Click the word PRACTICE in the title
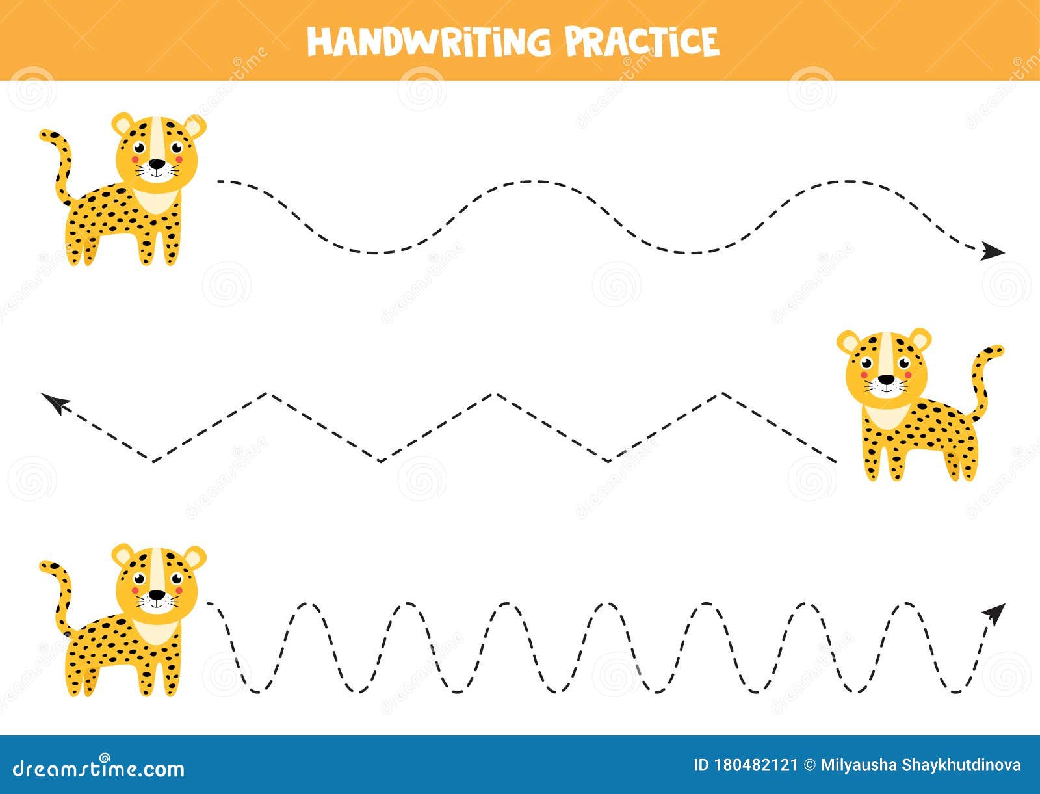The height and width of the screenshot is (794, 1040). pyautogui.click(x=642, y=41)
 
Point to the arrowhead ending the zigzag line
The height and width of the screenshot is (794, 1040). pyautogui.click(x=55, y=403)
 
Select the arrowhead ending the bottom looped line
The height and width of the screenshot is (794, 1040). pyautogui.click(x=994, y=613)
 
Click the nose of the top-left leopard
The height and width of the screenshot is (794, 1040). pyautogui.click(x=156, y=164)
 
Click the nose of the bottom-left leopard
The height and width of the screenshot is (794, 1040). pyautogui.click(x=157, y=594)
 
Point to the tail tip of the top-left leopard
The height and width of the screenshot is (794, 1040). pyautogui.click(x=45, y=135)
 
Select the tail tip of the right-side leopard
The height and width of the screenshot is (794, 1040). pyautogui.click(x=997, y=351)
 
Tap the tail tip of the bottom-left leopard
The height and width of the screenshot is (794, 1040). pyautogui.click(x=45, y=566)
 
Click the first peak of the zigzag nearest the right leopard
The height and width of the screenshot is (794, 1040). pyautogui.click(x=723, y=393)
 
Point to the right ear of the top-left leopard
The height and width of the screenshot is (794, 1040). pyautogui.click(x=195, y=126)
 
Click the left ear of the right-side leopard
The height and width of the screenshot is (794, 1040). pyautogui.click(x=848, y=342)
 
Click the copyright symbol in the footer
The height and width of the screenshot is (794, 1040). pyautogui.click(x=809, y=765)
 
